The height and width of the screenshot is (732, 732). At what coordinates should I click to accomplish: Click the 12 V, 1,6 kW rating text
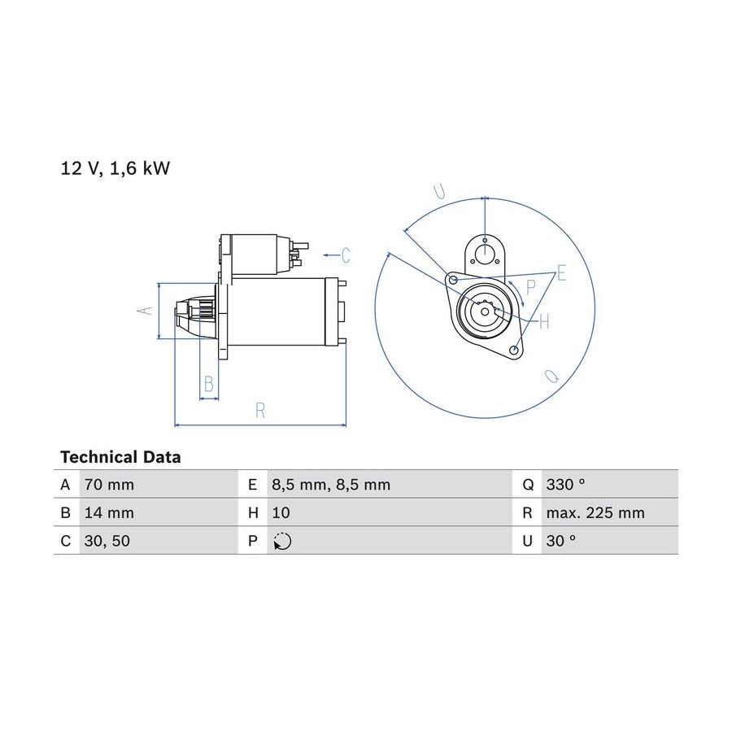tap(115, 168)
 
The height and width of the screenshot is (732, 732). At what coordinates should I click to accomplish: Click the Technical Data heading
tap(120, 457)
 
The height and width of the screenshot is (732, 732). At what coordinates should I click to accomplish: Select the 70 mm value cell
tap(109, 485)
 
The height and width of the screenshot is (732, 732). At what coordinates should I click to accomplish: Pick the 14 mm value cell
tap(109, 512)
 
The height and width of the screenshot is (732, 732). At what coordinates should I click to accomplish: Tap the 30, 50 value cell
tap(107, 541)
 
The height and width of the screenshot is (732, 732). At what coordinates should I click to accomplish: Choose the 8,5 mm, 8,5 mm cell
tap(331, 485)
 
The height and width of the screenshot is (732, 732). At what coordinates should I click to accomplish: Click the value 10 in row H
tap(281, 512)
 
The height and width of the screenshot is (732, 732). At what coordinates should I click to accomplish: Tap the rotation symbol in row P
tap(282, 541)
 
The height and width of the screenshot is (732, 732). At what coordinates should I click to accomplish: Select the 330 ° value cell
tap(566, 485)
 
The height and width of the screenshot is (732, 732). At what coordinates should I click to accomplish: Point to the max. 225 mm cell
tap(595, 512)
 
